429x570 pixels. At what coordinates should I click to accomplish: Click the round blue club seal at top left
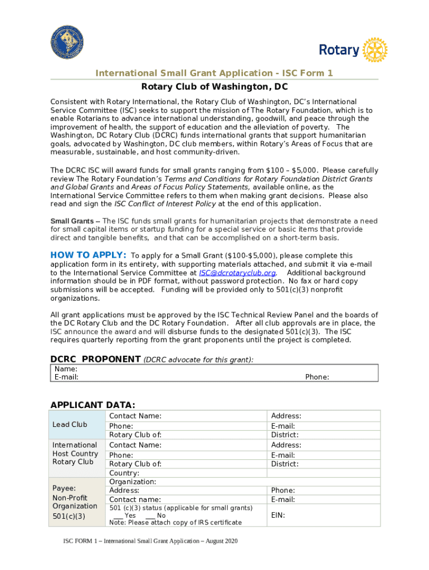pyautogui.click(x=68, y=46)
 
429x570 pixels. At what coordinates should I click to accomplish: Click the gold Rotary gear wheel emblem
pyautogui.click(x=374, y=50)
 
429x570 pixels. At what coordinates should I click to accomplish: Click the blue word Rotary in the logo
pyautogui.click(x=339, y=50)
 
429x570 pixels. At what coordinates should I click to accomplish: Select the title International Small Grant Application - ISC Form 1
pyautogui.click(x=214, y=73)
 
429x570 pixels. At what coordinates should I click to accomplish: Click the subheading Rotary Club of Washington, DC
pyautogui.click(x=214, y=87)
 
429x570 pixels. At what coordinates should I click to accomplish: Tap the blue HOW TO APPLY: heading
pyautogui.click(x=88, y=255)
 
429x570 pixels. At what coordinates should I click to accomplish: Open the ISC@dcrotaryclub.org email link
pyautogui.click(x=237, y=273)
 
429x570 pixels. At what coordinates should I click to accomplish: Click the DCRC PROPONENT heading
pyautogui.click(x=95, y=359)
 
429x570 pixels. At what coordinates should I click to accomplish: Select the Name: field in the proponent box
pyautogui.click(x=66, y=368)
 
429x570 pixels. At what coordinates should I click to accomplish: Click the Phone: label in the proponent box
pyautogui.click(x=316, y=377)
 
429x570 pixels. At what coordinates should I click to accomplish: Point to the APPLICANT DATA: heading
pyautogui.click(x=92, y=405)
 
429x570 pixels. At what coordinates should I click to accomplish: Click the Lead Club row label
pyautogui.click(x=70, y=425)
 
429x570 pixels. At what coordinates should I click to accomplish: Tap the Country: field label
pyautogui.click(x=124, y=473)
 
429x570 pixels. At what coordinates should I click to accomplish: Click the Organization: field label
pyautogui.click(x=133, y=481)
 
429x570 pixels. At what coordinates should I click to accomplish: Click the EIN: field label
pyautogui.click(x=278, y=515)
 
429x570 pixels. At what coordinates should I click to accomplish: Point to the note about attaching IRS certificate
pyautogui.click(x=175, y=522)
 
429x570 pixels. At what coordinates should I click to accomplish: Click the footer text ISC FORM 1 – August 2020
pyautogui.click(x=150, y=542)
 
